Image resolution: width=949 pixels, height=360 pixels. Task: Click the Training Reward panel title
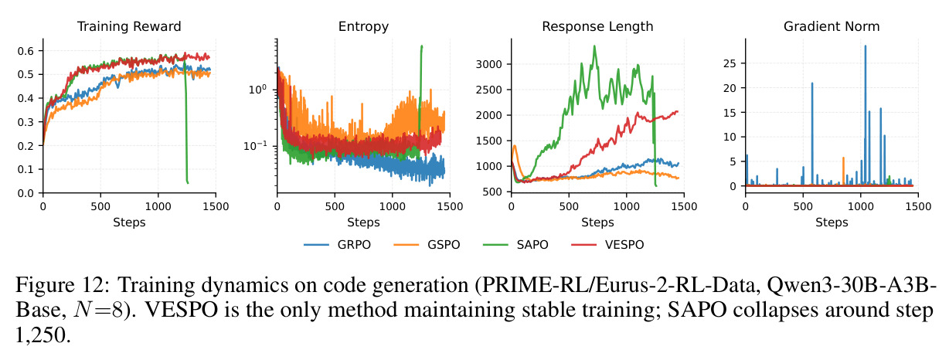click(129, 26)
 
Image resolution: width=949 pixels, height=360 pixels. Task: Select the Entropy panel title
click(363, 26)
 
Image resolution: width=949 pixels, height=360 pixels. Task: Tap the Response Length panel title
click(597, 26)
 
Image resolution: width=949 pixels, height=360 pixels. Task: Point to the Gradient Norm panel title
click(832, 26)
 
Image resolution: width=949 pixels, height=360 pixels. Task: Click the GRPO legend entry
click(337, 245)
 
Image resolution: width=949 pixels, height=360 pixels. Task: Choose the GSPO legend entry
click(427, 245)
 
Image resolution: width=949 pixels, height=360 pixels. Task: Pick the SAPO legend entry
click(515, 245)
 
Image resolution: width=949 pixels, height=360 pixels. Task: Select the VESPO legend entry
click(607, 245)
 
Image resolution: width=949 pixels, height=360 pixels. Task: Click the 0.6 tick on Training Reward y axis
click(26, 51)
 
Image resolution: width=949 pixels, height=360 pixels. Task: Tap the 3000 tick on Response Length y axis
click(488, 64)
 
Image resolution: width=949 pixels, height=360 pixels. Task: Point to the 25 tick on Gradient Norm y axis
click(730, 63)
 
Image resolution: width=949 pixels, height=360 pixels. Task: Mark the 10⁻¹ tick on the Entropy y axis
click(255, 145)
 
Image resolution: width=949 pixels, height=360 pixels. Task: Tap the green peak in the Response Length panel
click(594, 46)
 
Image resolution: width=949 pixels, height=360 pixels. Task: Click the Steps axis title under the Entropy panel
click(363, 222)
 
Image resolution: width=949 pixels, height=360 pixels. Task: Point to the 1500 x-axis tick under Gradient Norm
click(918, 206)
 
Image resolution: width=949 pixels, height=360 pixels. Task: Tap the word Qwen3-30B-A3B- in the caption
click(852, 284)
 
